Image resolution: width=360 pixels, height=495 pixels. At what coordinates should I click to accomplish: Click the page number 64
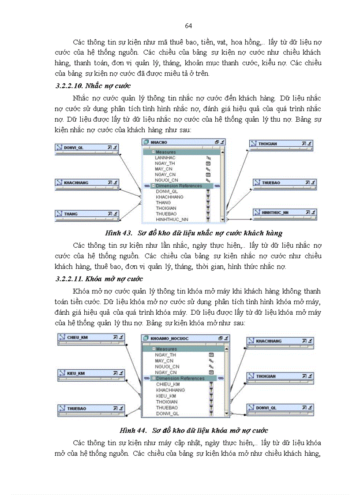(x=188, y=26)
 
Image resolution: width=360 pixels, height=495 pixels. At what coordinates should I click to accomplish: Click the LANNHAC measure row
(x=165, y=158)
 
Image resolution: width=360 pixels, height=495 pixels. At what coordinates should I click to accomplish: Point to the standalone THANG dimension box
(x=86, y=214)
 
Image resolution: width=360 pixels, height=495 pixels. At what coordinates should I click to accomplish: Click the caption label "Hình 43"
(x=118, y=233)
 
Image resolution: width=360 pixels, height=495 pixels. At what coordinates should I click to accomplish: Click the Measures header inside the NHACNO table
(x=165, y=152)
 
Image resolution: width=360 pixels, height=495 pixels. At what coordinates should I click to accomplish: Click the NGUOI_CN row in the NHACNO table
(x=167, y=180)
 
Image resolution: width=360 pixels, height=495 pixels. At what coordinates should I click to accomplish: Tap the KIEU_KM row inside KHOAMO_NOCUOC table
(x=166, y=396)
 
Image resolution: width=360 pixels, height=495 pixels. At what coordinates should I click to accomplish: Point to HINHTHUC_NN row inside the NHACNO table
(x=172, y=219)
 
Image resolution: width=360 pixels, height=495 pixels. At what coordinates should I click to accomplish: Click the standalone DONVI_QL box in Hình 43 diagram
(x=86, y=147)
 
